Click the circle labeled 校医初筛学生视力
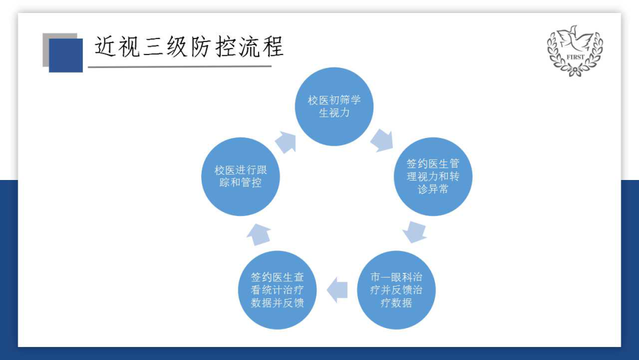334,107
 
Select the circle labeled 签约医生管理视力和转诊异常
433,176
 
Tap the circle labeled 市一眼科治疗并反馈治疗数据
396,290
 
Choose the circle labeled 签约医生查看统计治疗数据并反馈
277,290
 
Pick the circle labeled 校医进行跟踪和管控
240,176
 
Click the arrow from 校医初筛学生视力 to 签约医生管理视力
382,140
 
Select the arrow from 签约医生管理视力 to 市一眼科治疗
414,232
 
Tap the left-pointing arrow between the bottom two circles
337,290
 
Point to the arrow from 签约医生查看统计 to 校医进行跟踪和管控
259,234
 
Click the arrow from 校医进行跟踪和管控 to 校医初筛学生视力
286,142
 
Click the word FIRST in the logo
575,57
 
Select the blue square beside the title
66,56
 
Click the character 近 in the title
105,46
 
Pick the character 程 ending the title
273,46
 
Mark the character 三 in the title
153,46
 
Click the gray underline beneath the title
180,66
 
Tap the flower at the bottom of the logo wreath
575,72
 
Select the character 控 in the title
225,46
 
